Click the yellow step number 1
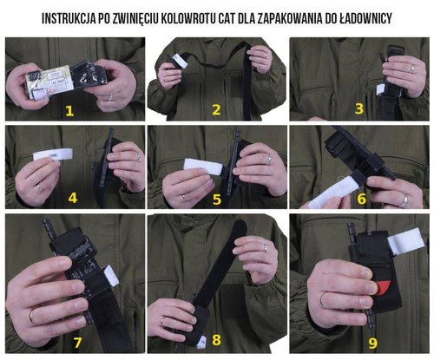69,110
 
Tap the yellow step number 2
216,109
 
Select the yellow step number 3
358,108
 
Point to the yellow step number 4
73,198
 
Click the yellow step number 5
216,199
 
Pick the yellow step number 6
359,199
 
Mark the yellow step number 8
216,339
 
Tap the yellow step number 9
372,343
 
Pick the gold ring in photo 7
31,316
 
